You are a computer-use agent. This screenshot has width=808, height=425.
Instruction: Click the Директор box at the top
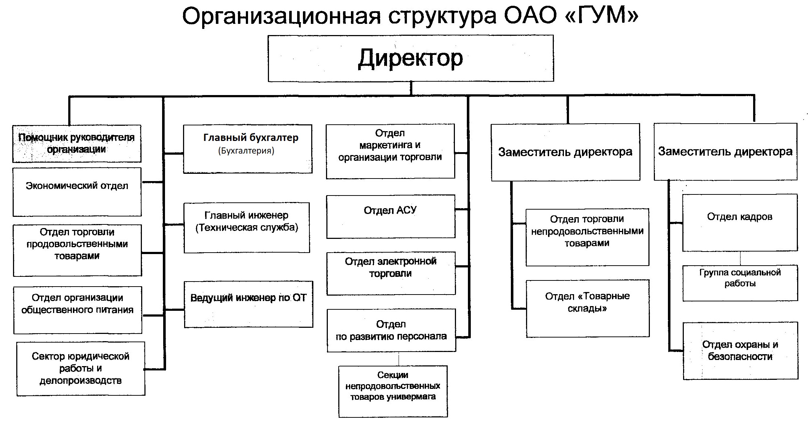point(410,58)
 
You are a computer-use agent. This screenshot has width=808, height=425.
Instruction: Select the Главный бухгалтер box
point(248,149)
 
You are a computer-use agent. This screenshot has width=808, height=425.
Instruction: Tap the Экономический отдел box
point(77,192)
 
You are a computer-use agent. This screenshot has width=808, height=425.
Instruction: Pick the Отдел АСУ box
point(391,216)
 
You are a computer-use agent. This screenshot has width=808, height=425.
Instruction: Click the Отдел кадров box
point(740,223)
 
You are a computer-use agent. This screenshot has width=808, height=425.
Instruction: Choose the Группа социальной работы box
point(740,283)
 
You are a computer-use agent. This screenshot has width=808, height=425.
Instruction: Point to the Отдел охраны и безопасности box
point(740,351)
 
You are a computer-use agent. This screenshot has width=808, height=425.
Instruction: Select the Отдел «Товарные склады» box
point(587,308)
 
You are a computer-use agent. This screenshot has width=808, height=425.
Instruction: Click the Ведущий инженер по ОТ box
point(248,304)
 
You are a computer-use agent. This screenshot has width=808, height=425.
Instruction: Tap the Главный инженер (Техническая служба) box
point(247,227)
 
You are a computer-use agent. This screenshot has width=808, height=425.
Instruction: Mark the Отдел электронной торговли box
point(391,273)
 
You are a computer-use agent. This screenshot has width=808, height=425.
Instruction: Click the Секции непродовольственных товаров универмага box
point(393,391)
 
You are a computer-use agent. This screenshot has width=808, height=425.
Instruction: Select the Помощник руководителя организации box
point(77,143)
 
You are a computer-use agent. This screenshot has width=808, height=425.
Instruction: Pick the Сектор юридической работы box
point(81,369)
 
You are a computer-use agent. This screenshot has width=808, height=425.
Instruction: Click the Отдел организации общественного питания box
point(78,310)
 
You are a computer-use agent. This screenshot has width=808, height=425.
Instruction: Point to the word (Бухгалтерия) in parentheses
point(246,151)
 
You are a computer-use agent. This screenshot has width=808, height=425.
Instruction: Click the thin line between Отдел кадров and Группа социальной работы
point(740,258)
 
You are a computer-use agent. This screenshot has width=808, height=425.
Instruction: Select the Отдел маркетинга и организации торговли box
point(390,151)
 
